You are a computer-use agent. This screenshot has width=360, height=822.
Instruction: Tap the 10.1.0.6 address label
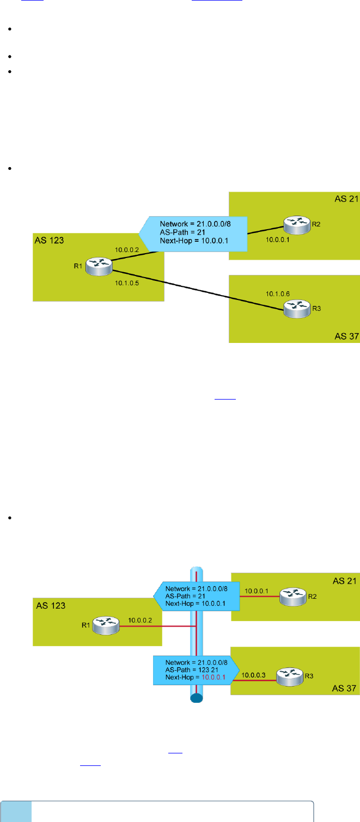click(x=278, y=293)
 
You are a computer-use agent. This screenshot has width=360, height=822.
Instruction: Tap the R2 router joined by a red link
click(x=291, y=596)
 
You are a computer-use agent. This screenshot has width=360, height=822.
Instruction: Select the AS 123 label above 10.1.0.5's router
click(x=47, y=239)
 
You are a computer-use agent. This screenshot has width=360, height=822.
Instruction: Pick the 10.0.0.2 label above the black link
click(x=127, y=250)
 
